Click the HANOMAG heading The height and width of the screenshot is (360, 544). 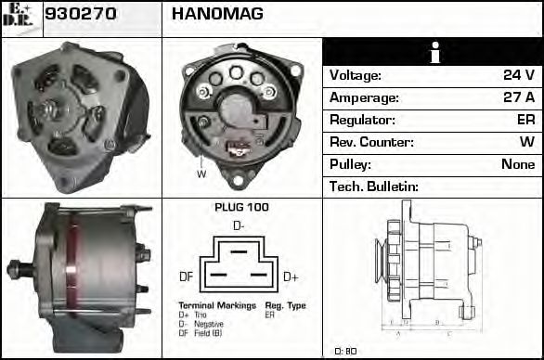217,14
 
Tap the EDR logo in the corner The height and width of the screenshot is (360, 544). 20,17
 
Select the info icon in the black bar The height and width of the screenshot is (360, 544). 433,52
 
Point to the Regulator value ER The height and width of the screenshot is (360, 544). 525,120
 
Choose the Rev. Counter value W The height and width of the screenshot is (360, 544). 527,142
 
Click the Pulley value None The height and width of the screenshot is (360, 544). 518,164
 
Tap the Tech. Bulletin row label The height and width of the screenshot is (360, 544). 374,186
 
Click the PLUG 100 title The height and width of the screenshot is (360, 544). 241,207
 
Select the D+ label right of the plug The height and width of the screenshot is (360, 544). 290,276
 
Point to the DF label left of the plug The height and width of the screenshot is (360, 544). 186,276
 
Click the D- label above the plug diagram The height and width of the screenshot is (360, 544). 240,225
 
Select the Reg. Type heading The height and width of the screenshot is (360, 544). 285,305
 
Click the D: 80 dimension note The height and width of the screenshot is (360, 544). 345,351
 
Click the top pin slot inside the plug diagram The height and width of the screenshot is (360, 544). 239,250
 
